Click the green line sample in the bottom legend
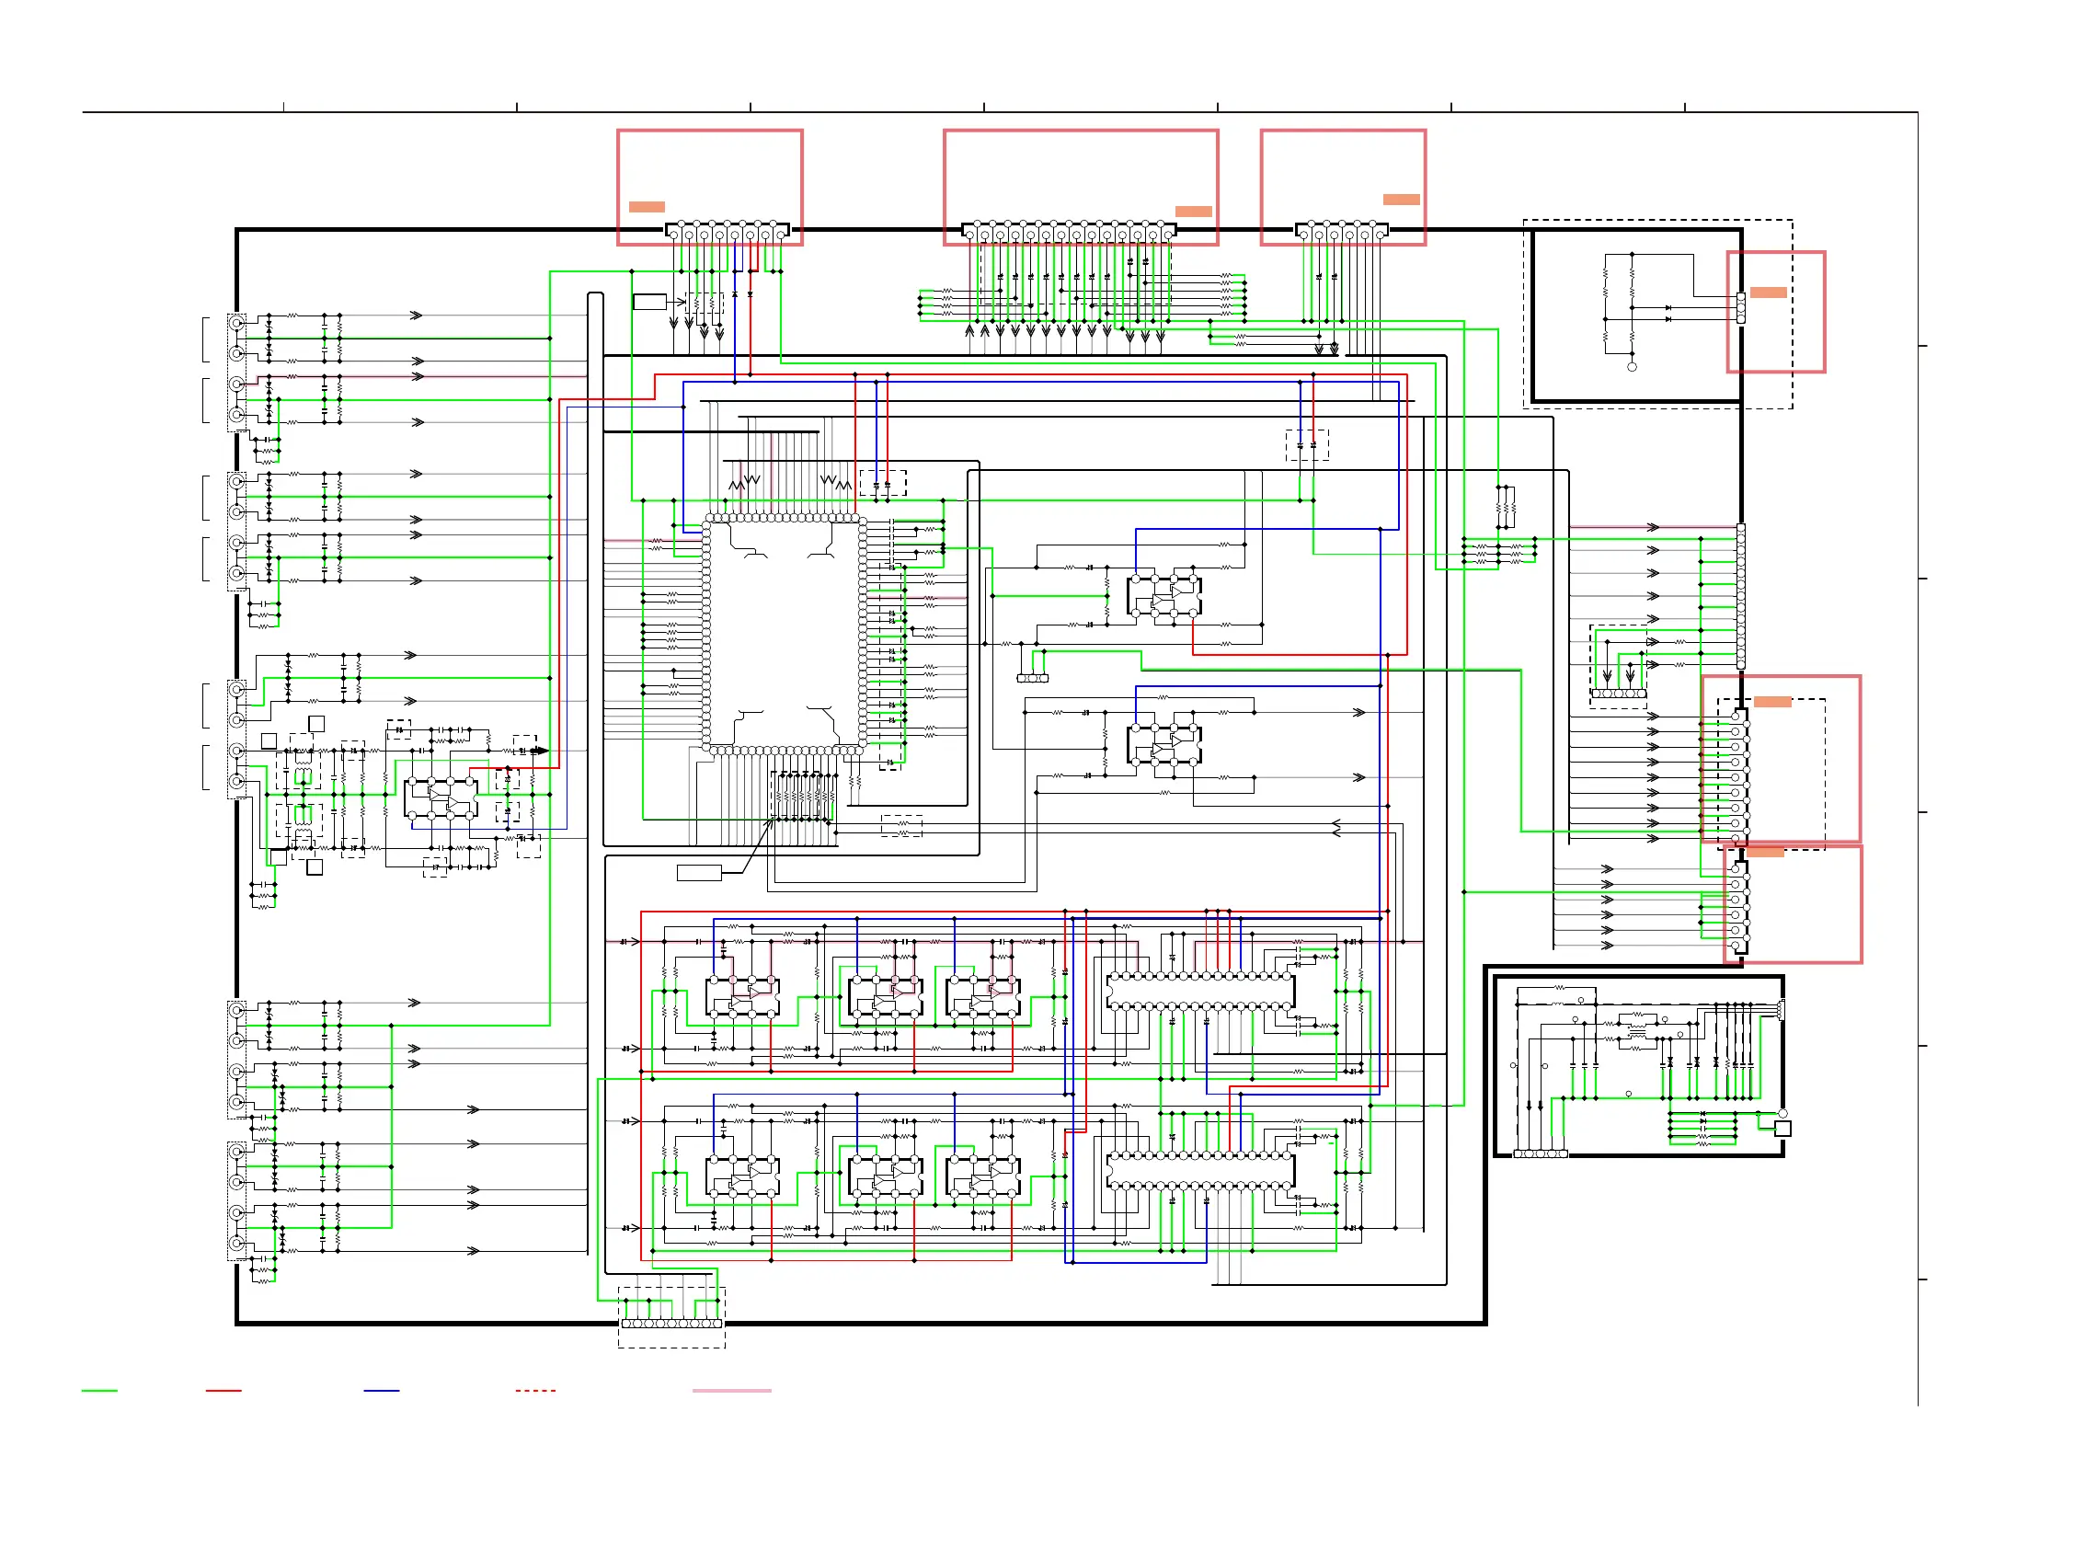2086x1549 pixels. (x=99, y=1391)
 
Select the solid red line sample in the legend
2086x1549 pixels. (x=223, y=1391)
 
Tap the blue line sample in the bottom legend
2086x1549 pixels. (x=382, y=1391)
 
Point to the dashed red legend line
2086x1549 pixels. (x=535, y=1391)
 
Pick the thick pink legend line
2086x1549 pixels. (x=731, y=1391)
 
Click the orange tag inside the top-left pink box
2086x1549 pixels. (x=646, y=206)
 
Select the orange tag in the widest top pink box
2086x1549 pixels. (x=1193, y=211)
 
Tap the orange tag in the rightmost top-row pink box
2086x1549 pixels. (x=1401, y=199)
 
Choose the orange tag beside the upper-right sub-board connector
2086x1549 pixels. (x=1767, y=293)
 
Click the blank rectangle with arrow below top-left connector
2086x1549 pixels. (x=648, y=302)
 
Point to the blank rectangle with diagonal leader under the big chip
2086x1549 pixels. (x=698, y=873)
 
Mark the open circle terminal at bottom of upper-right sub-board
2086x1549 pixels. (x=1632, y=367)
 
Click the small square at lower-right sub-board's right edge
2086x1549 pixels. (x=1782, y=1129)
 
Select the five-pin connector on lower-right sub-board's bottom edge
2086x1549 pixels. (x=1541, y=1154)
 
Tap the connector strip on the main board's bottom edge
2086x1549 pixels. (x=671, y=1324)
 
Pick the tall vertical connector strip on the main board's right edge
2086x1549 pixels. (x=1741, y=596)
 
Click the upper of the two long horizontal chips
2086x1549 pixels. (x=1200, y=990)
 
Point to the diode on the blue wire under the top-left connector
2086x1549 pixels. (x=735, y=295)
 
